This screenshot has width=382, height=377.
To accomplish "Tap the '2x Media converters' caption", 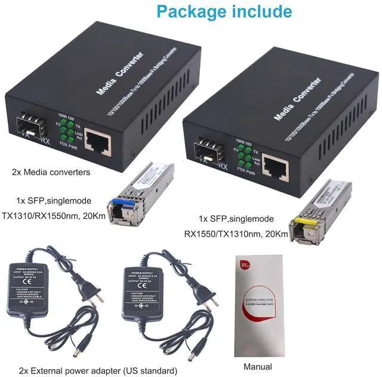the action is pyautogui.click(x=51, y=172).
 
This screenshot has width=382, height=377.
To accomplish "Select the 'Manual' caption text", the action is pyautogui.click(x=258, y=366).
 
